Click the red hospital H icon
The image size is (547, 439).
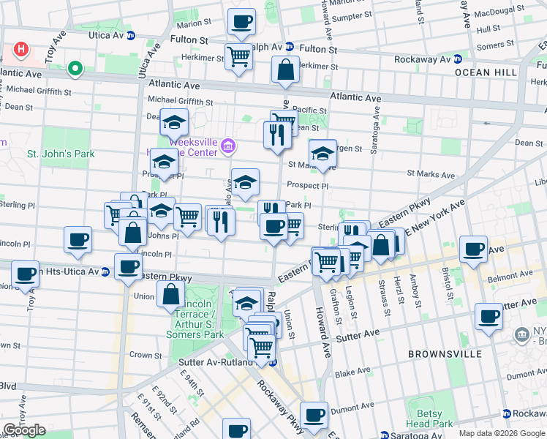(x=22, y=50)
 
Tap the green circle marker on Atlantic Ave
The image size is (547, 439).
(x=74, y=70)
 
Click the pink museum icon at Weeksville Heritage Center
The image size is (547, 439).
(x=228, y=147)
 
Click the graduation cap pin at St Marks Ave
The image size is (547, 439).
(x=322, y=154)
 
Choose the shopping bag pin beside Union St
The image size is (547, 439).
(x=170, y=294)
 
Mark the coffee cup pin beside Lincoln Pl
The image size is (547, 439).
(x=78, y=239)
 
